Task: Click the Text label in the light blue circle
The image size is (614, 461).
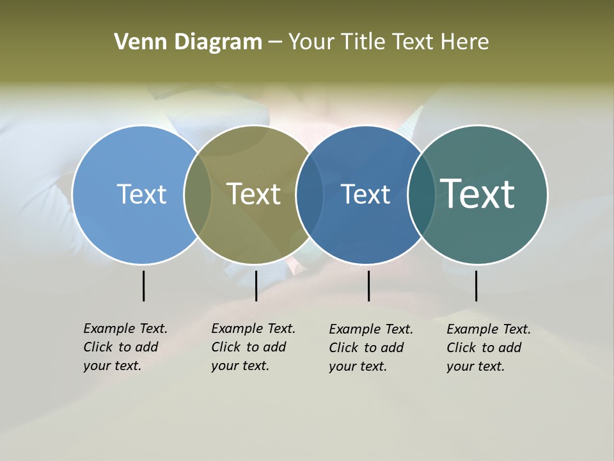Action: tap(141, 194)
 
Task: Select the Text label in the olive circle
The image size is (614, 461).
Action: tap(254, 194)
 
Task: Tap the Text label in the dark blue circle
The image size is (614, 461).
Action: tap(366, 194)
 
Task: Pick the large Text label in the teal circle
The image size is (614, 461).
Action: tap(478, 194)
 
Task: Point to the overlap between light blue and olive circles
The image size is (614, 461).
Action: tap(198, 194)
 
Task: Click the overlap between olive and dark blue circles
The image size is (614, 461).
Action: tap(310, 194)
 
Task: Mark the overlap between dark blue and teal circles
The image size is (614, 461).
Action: tap(421, 194)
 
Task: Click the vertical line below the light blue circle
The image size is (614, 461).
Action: tap(143, 286)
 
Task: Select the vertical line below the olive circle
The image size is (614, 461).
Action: tap(256, 286)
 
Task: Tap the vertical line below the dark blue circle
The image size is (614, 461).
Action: tap(368, 286)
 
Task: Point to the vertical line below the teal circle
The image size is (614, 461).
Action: tap(476, 286)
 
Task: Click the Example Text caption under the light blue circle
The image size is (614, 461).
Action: tap(125, 347)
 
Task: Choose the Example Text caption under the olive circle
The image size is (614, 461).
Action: tap(253, 347)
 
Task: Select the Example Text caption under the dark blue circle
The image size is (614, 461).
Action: tap(370, 348)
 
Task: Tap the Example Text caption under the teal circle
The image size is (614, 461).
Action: tap(488, 348)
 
